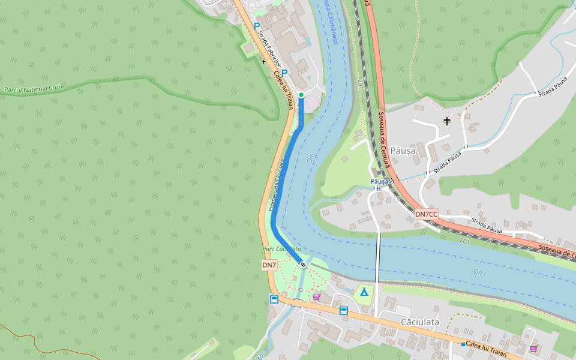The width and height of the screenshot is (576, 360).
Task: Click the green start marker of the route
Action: tap(301, 95)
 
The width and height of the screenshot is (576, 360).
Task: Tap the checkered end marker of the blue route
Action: tap(304, 264)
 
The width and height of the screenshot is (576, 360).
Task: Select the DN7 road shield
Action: tap(269, 265)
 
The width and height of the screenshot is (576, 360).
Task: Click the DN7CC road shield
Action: tap(427, 214)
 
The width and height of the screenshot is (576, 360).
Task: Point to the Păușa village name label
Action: tap(403, 151)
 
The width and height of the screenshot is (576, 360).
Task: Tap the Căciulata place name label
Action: tap(420, 322)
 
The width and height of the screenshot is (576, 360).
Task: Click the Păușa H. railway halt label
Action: tap(379, 185)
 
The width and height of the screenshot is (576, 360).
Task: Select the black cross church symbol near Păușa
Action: tap(446, 122)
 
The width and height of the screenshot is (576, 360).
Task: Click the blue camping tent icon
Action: tap(363, 292)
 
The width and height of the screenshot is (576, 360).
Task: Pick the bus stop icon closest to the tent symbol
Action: tap(344, 310)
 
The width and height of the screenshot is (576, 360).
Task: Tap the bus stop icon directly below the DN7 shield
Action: tap(274, 299)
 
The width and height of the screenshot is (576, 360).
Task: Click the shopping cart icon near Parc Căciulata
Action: tap(316, 296)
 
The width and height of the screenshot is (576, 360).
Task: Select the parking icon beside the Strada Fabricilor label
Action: tap(257, 26)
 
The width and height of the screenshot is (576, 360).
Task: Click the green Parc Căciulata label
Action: tap(281, 248)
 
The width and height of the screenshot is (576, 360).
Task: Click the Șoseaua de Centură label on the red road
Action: tap(382, 135)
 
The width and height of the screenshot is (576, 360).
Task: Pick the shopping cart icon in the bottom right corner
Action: tap(533, 348)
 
